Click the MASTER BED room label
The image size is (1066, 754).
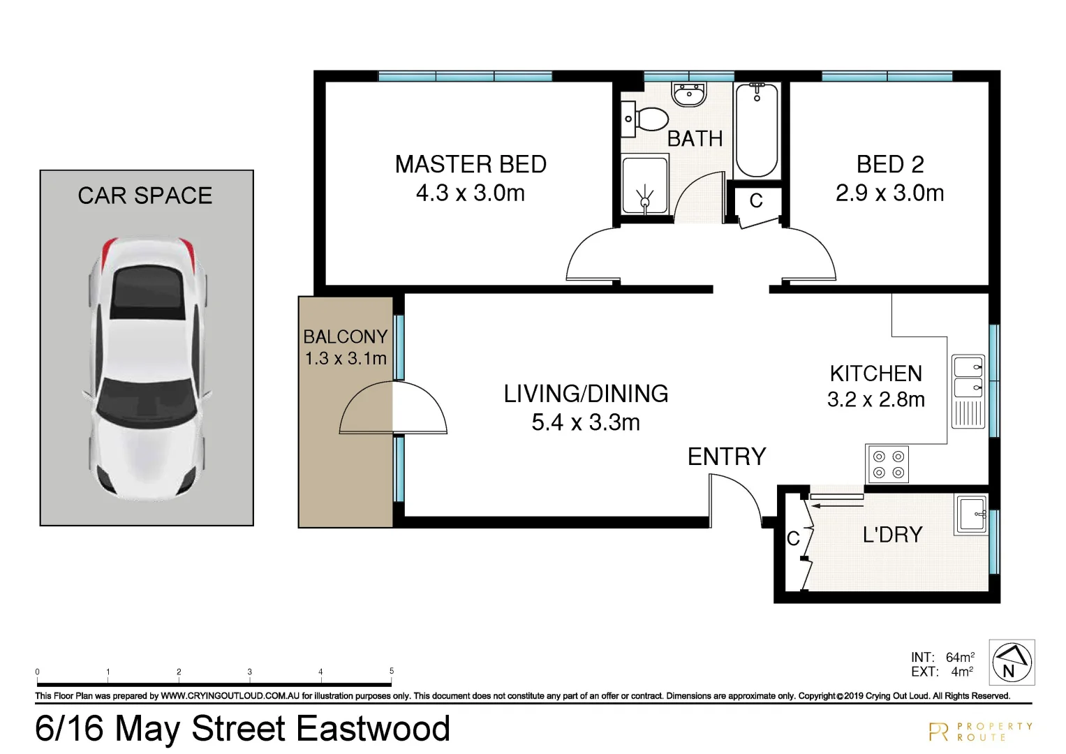(x=471, y=165)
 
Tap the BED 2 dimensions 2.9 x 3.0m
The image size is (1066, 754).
(x=889, y=193)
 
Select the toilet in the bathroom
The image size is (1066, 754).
(x=649, y=119)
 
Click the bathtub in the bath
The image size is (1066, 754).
(x=757, y=131)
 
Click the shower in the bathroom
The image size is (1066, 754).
(x=644, y=186)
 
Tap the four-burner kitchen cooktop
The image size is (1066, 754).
(x=888, y=464)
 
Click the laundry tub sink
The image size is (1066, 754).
(x=971, y=515)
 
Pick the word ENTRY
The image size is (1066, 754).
(x=727, y=457)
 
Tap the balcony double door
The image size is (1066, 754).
(x=393, y=408)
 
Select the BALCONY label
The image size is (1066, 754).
(x=345, y=337)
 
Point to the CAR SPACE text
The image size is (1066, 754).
(x=145, y=195)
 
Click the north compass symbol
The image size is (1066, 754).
(x=1012, y=662)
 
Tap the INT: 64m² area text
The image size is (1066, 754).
(x=942, y=657)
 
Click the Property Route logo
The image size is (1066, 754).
(x=980, y=732)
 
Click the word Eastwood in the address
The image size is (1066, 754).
(x=373, y=729)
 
